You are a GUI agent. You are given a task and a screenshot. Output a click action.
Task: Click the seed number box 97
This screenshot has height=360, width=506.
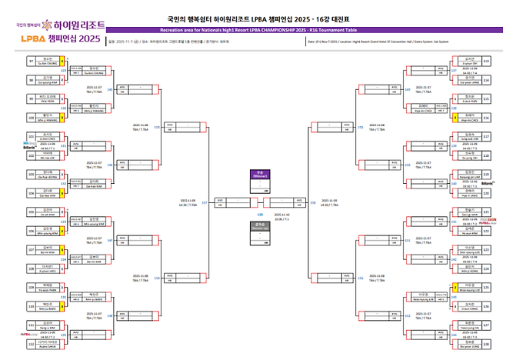click(x=31, y=60)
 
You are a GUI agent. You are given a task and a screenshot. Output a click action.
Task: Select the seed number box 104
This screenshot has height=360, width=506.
click(x=31, y=192)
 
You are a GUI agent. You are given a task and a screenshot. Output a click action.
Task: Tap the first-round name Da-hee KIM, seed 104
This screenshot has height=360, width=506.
click(x=48, y=195)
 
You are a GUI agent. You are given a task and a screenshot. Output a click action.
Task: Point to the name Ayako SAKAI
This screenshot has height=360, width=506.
click(x=48, y=346)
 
